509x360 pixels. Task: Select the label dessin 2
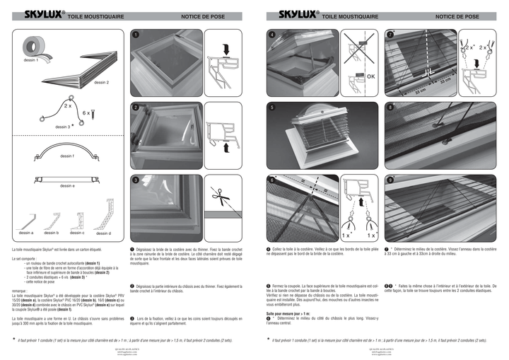(101, 83)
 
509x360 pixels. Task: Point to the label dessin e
(67, 185)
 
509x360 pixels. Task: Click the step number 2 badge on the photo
(134, 107)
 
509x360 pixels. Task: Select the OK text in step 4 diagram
(372, 76)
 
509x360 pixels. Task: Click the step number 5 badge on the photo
(271, 107)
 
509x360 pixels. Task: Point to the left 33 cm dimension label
(420, 91)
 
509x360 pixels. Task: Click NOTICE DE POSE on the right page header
(457, 16)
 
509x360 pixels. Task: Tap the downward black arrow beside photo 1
(225, 50)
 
